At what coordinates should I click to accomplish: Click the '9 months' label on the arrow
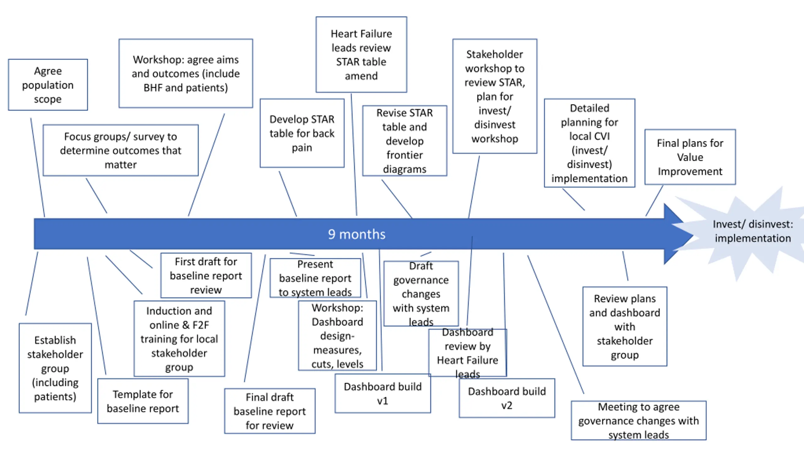[x=356, y=234]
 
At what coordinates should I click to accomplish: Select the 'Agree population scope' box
[x=48, y=85]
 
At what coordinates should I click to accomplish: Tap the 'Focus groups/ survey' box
[x=121, y=150]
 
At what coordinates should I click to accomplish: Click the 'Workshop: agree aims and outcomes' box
[x=186, y=73]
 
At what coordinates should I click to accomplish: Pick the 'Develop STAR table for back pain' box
[x=302, y=133]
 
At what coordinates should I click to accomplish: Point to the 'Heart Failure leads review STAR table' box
[x=361, y=55]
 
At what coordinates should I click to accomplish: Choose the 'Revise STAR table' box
[x=405, y=141]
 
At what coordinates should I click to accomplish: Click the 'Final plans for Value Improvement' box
[x=690, y=157]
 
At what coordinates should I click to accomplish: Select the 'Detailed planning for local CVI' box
[x=589, y=143]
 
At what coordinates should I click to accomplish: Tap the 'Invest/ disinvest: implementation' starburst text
[x=753, y=231]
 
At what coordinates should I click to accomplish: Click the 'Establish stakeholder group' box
[x=55, y=368]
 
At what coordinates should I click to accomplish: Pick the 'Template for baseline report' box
[x=143, y=401]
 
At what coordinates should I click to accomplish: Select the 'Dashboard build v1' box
[x=383, y=393]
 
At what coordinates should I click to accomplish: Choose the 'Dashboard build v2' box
[x=507, y=398]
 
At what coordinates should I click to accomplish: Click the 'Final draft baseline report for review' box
[x=270, y=411]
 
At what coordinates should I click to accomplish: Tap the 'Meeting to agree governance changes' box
[x=638, y=421]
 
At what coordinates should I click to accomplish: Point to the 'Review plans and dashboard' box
[x=625, y=326]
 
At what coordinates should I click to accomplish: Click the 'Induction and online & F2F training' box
[x=179, y=339]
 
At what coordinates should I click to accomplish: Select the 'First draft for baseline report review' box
[x=206, y=275]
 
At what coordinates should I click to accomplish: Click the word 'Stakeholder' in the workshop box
[x=495, y=54]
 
